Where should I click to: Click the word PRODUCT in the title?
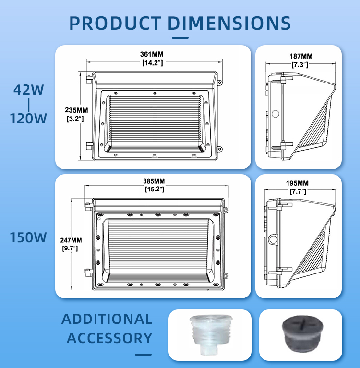[x=115, y=23]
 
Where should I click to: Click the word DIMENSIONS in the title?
[x=229, y=23]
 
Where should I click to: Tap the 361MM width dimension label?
[x=152, y=54]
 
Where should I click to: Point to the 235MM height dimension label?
[x=76, y=110]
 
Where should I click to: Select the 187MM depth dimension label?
[x=301, y=56]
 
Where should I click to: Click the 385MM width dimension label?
[x=154, y=181]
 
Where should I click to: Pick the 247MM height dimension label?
[x=71, y=240]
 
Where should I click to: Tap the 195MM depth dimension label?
[x=297, y=183]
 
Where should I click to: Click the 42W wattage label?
[x=29, y=90]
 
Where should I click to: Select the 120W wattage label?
[x=28, y=119]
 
